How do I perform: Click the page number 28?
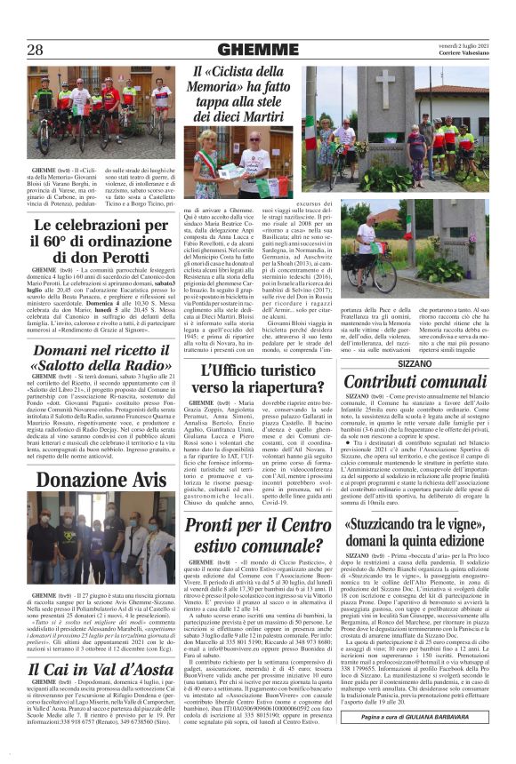click(36, 51)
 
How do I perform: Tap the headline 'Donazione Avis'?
click(101, 481)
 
